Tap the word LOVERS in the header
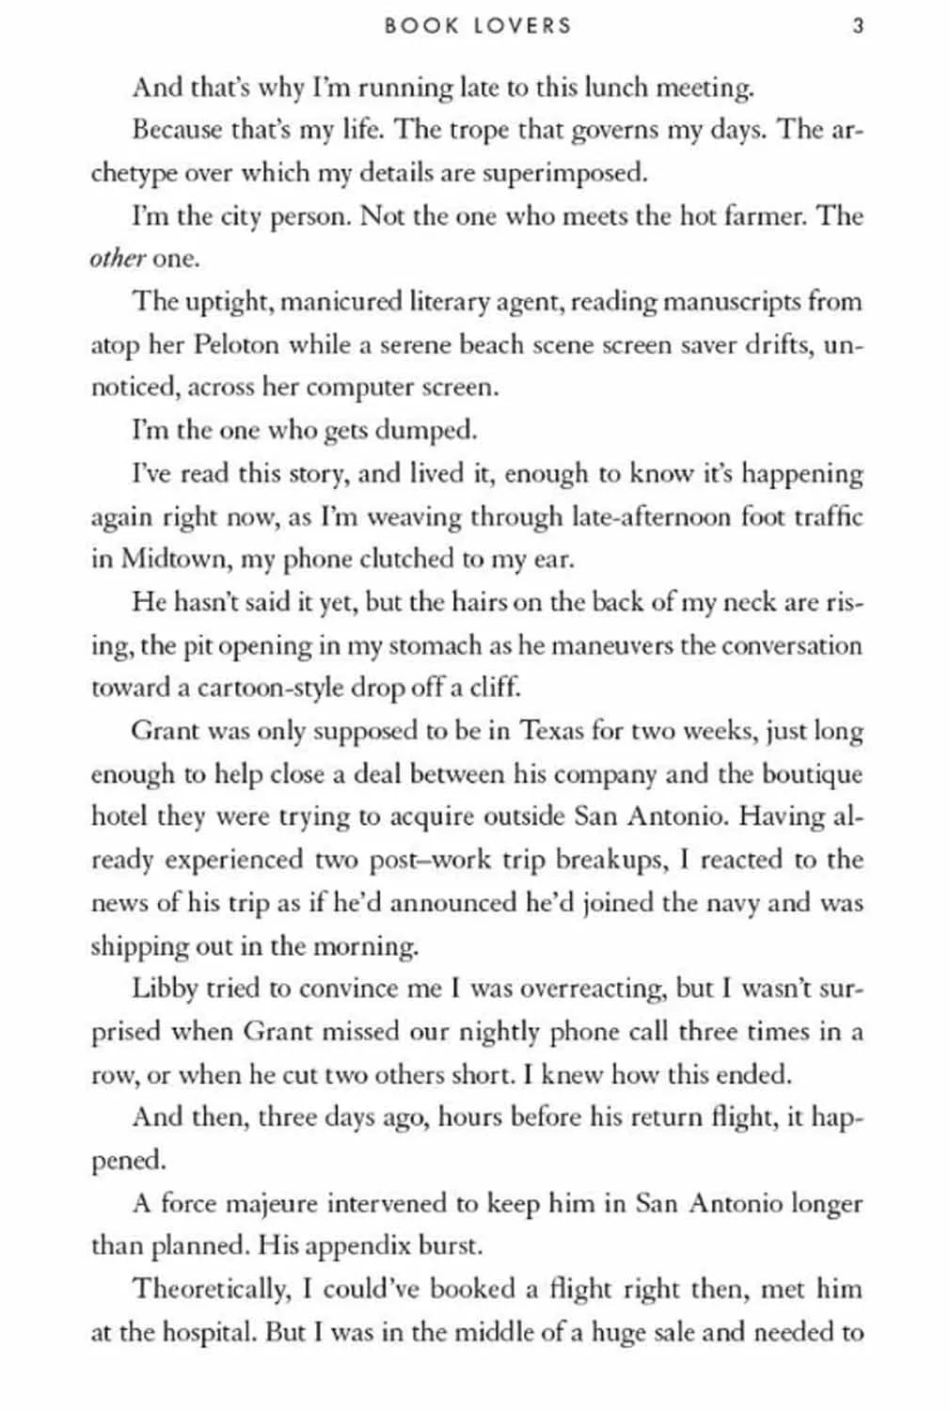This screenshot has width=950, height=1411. (x=522, y=25)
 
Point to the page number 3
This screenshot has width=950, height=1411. (x=857, y=25)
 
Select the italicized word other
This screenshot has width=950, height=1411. (x=118, y=259)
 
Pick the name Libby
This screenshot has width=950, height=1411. (x=164, y=989)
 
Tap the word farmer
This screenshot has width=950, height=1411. (x=757, y=216)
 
